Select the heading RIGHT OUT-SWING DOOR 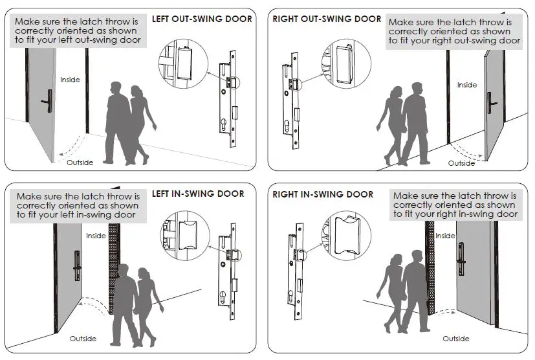coord(327,19)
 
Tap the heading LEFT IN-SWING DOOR coord(198,194)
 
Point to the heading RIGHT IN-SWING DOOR coord(323,194)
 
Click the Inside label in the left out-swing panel coord(70,80)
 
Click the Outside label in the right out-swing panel coord(461,163)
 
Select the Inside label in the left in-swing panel coord(96,236)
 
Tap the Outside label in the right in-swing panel coord(455,339)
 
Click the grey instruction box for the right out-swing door coord(453,31)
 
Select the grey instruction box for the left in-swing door coord(78,205)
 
